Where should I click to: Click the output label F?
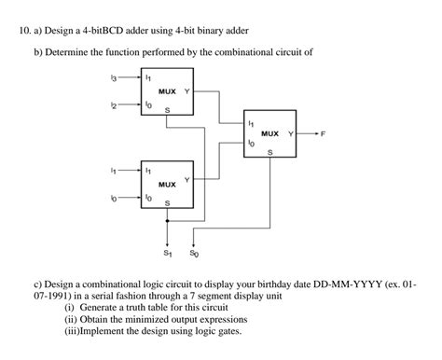(x=324, y=134)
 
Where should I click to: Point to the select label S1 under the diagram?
(x=168, y=253)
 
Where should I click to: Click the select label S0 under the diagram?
(x=193, y=253)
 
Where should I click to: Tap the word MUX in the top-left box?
(x=167, y=92)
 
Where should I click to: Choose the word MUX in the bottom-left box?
(x=167, y=185)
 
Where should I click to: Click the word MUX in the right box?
(x=269, y=134)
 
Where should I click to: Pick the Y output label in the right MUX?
(x=292, y=134)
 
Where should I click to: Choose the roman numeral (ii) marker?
(x=69, y=318)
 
